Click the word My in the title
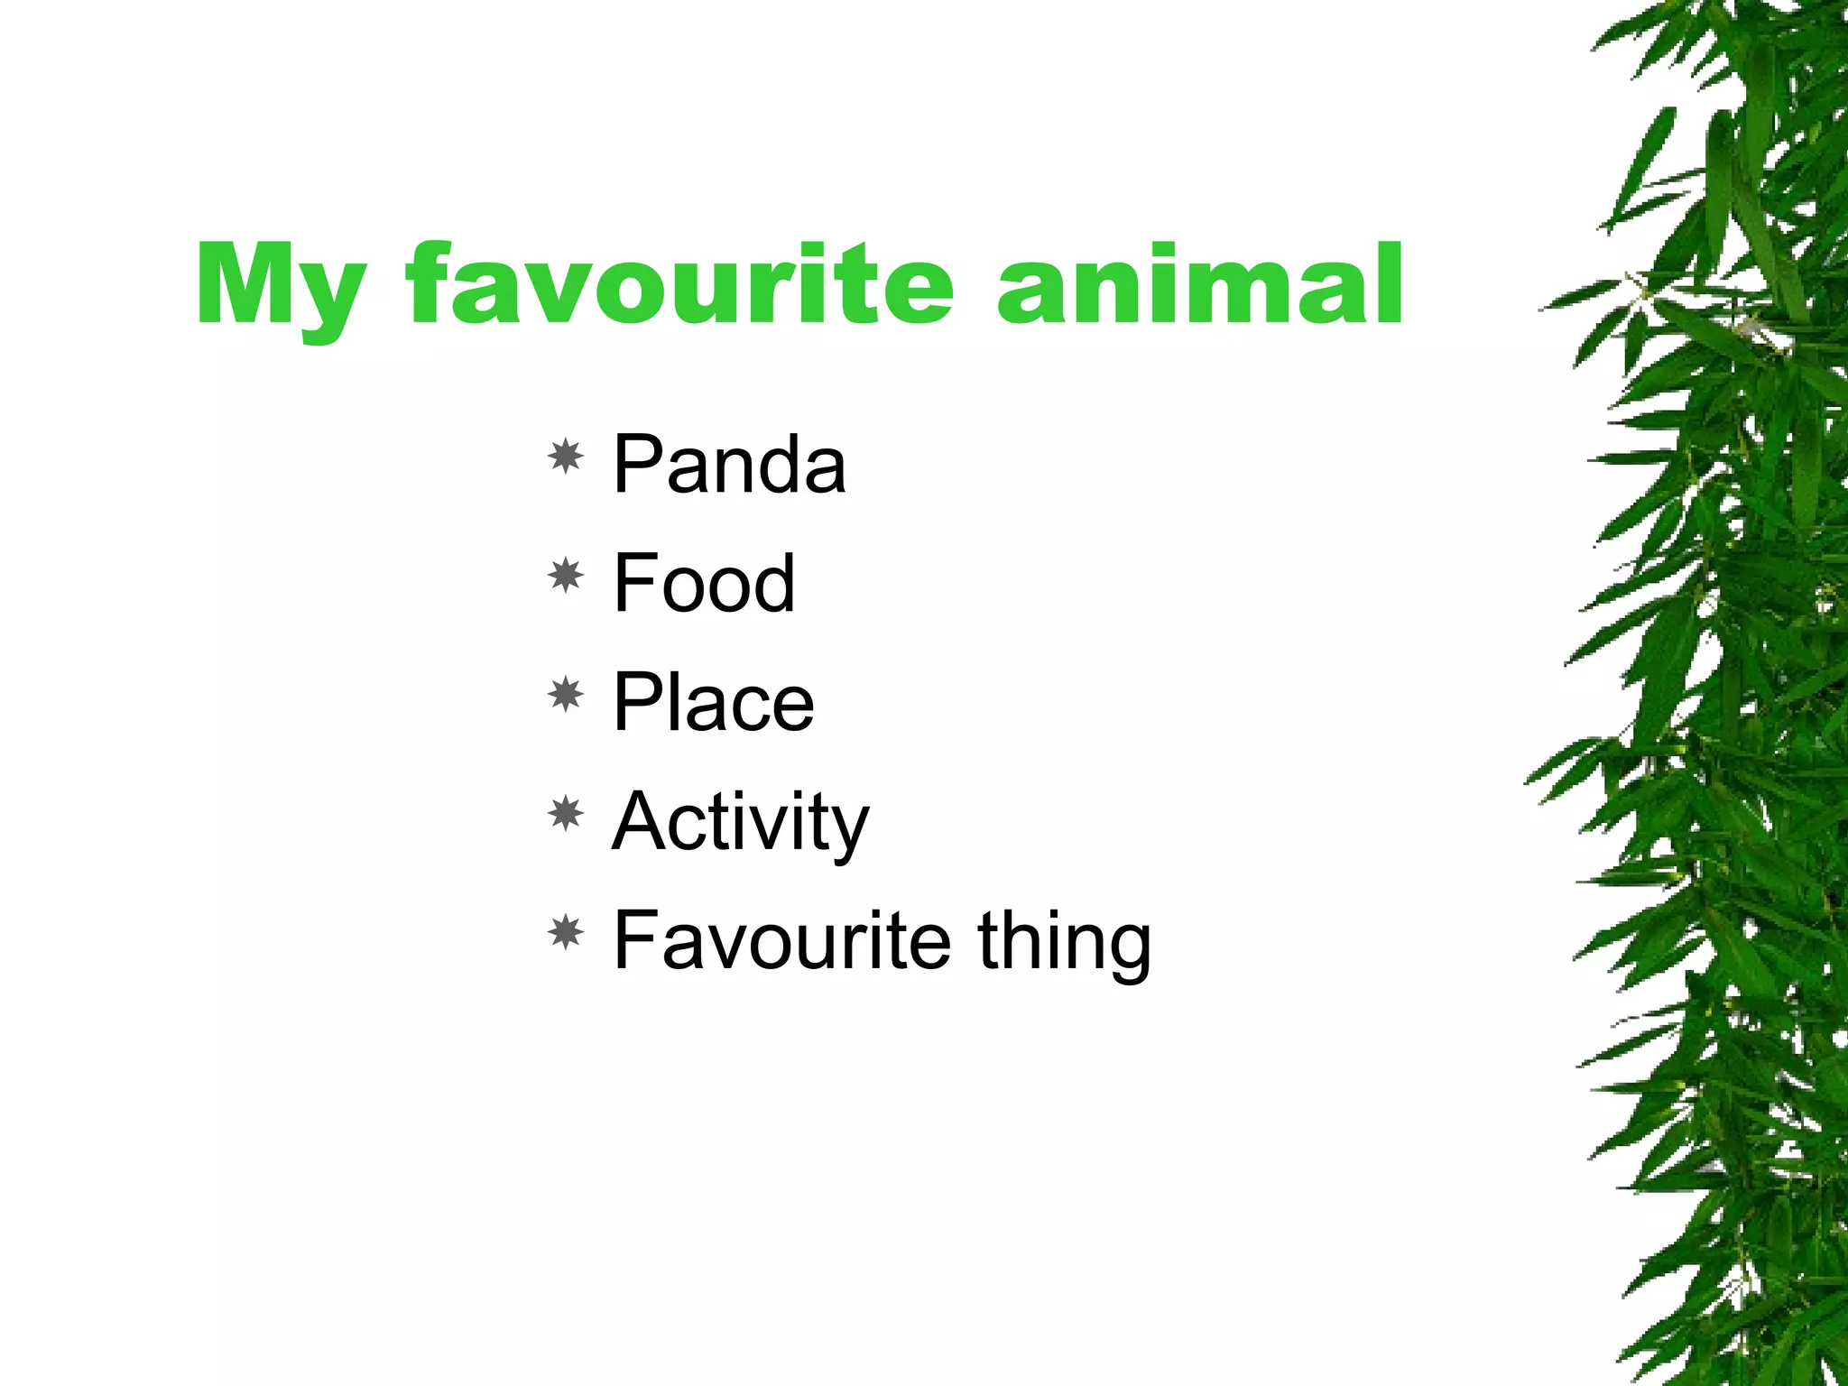point(282,287)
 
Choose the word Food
point(704,584)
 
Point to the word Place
point(713,703)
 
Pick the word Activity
point(740,822)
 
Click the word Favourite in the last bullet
point(781,941)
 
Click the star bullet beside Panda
point(566,457)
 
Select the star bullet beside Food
point(566,576)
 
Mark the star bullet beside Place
point(566,695)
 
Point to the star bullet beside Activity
point(566,814)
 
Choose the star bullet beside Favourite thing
point(566,933)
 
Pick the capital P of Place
point(636,703)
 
